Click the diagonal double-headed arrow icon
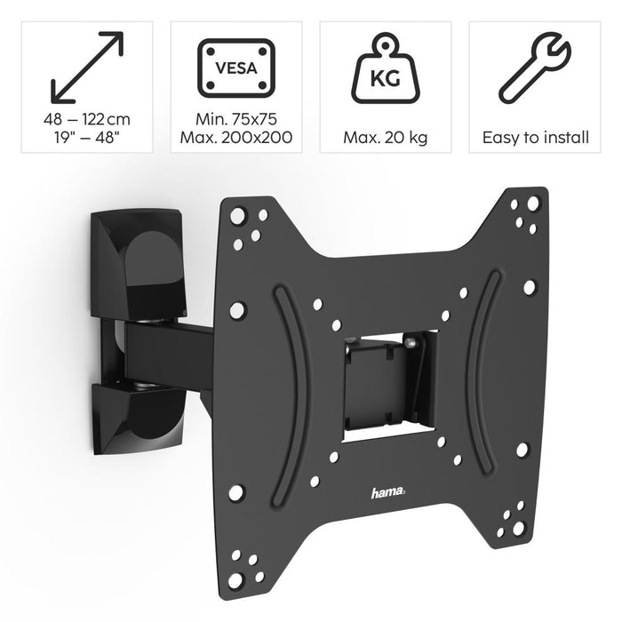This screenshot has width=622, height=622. coord(86,67)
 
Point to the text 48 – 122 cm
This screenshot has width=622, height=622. coord(86,120)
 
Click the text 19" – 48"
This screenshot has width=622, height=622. coord(86,138)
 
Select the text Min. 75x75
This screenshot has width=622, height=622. coord(235,120)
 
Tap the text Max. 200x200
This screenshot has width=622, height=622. coord(235,138)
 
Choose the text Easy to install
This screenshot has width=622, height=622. coord(535,138)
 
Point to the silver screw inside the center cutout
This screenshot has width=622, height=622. coord(409,339)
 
